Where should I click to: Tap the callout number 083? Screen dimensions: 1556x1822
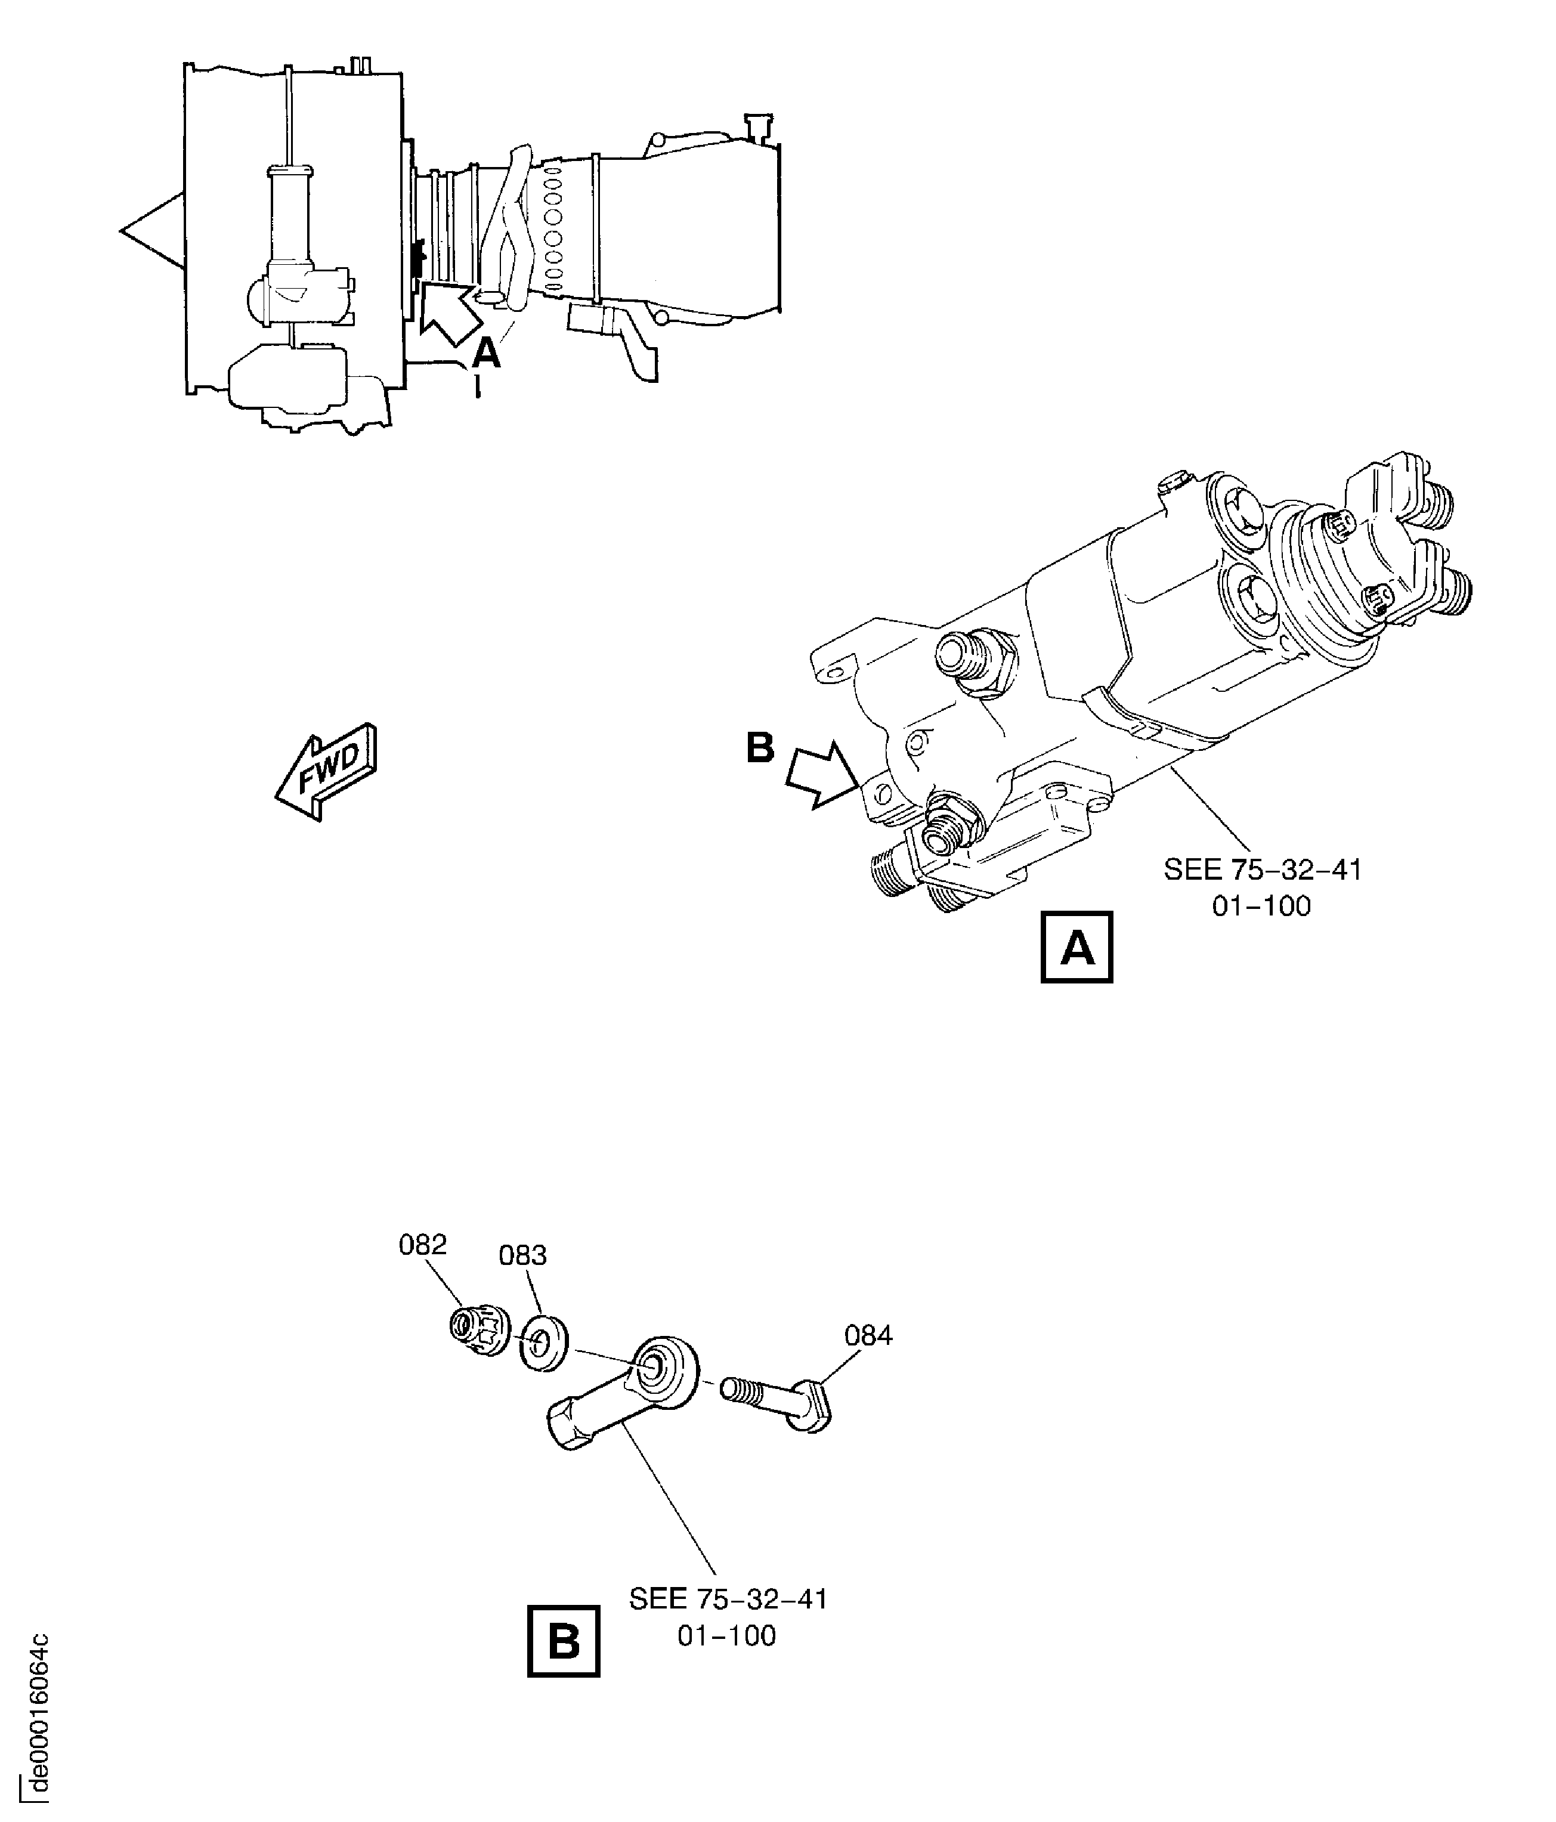point(523,1255)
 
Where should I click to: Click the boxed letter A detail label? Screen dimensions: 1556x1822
point(1077,947)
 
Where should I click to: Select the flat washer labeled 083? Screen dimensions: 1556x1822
point(543,1342)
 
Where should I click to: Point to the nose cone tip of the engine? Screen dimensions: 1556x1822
point(121,231)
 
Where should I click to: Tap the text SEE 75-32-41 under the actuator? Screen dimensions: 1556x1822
point(1263,870)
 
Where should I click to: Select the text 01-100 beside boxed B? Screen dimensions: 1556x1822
point(727,1635)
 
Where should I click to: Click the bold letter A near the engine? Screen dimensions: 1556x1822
point(486,354)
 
